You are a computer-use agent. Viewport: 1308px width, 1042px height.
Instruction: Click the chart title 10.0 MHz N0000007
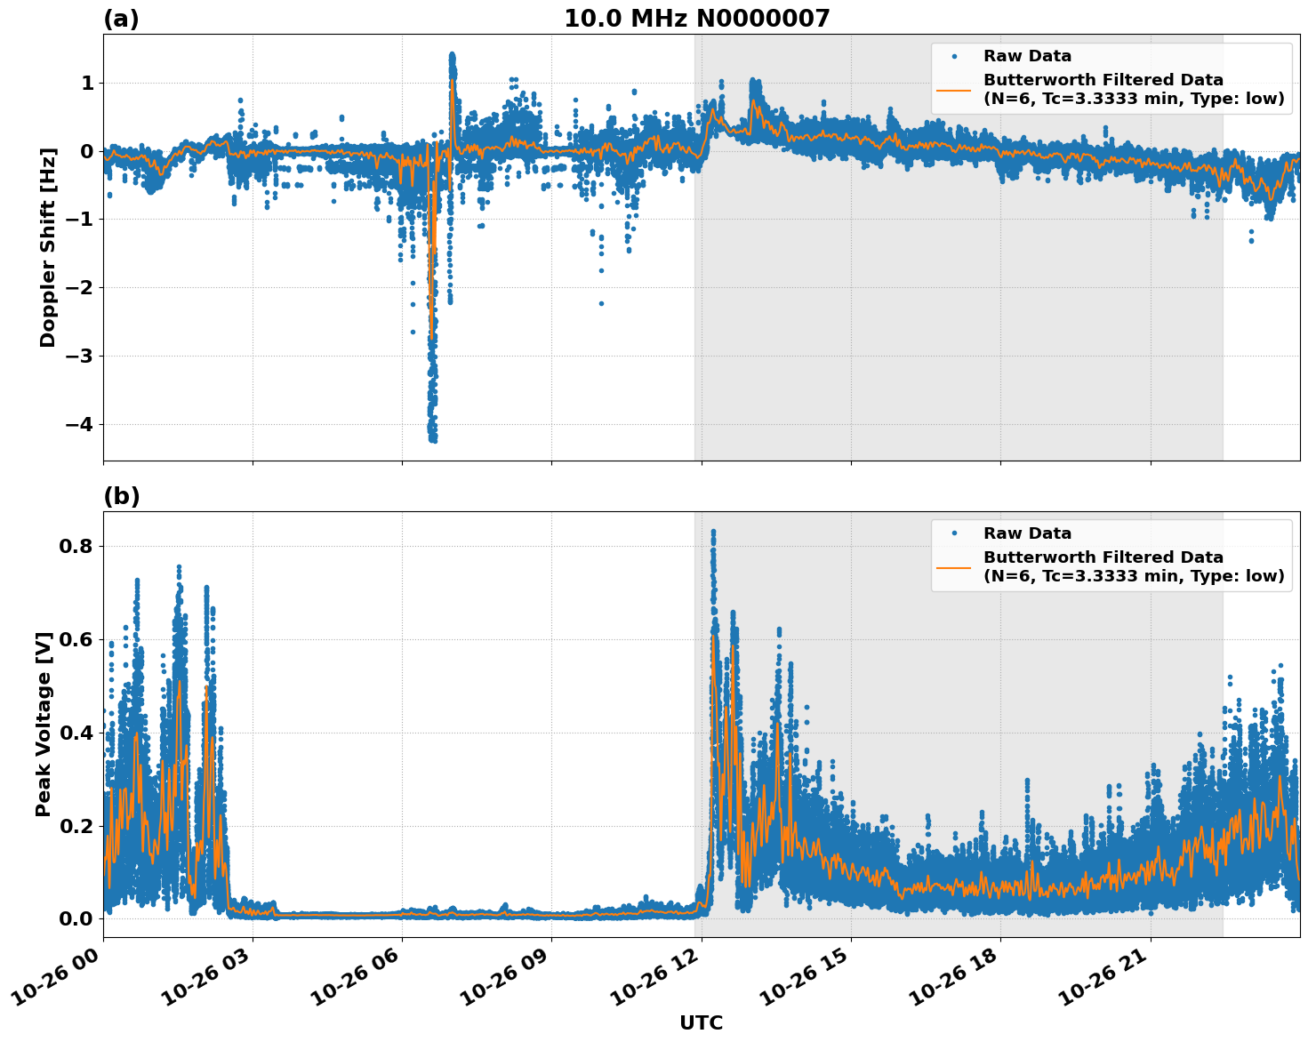coord(696,19)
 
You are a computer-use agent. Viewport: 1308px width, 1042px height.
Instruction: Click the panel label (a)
coord(121,19)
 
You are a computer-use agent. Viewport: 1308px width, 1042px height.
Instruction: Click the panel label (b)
coord(121,496)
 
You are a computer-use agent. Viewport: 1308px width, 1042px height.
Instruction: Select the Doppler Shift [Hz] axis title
coord(48,247)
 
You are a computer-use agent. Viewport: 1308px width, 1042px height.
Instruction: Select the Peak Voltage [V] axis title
coord(44,724)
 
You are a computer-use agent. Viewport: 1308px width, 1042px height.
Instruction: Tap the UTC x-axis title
coord(701,1022)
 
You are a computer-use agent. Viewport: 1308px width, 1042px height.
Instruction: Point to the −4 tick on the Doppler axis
coord(79,424)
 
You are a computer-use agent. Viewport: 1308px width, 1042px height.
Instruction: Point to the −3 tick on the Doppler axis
coord(79,356)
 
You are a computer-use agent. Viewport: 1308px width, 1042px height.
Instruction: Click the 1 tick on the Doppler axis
coord(87,83)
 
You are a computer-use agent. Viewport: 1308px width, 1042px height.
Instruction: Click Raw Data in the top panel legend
coord(1027,56)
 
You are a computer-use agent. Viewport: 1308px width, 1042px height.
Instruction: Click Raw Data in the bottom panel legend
coord(1027,533)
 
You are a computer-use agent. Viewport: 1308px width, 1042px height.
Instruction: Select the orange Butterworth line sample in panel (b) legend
coord(953,567)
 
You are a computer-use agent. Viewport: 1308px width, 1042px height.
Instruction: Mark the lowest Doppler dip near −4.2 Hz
coord(433,438)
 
